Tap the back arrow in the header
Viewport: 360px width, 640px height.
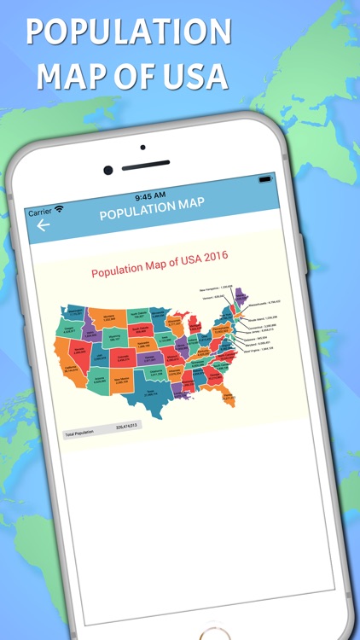click(x=43, y=226)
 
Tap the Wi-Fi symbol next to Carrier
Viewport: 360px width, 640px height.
click(x=60, y=209)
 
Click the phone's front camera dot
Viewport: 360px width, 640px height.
click(x=108, y=169)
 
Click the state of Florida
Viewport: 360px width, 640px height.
click(x=203, y=393)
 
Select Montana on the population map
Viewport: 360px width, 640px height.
click(x=109, y=317)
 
